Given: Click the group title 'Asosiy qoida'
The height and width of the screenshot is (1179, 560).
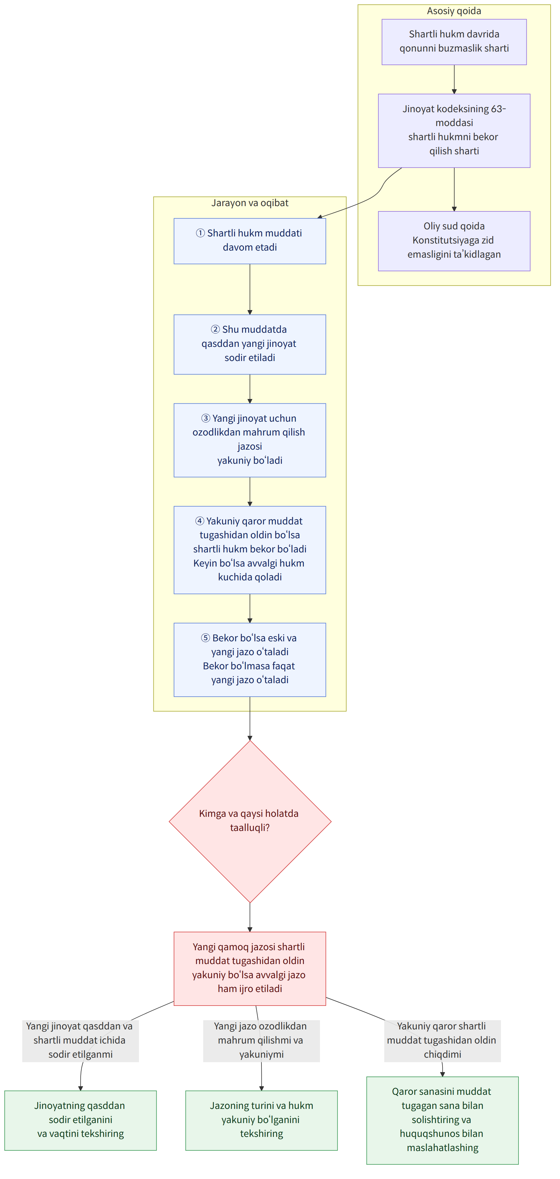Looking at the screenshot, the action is pos(454,11).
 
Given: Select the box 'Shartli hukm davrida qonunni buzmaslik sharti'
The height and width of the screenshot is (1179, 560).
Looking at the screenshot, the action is pos(454,42).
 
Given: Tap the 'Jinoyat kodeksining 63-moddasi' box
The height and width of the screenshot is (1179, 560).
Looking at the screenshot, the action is pos(454,130).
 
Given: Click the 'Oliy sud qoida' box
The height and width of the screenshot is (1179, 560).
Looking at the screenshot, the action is pos(454,241).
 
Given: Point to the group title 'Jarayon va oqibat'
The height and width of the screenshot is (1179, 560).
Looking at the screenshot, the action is pos(250,203).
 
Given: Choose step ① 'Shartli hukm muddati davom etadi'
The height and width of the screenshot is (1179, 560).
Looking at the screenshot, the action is pos(250,241).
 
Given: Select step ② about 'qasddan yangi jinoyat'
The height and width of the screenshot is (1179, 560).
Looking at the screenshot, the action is pos(250,344).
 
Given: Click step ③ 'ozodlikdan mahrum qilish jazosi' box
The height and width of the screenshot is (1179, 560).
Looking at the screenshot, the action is pos(250,440).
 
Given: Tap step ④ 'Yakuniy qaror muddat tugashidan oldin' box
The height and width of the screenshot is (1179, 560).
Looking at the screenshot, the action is pos(250,550).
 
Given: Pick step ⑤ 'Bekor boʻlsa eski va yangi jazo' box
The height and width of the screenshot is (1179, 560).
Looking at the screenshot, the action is pos(250,660).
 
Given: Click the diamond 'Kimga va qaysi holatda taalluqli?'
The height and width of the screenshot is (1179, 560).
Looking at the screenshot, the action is pos(250,822).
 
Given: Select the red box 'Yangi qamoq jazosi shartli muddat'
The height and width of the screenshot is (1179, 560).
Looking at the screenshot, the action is pos(250,968).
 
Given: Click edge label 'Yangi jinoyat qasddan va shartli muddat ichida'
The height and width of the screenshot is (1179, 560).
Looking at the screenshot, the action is pos(80,1040).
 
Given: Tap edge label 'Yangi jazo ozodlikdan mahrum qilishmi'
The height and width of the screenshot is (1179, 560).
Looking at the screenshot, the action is pos(261,1040).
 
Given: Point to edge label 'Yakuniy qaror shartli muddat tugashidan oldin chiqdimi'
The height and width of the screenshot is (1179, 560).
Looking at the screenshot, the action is pos(443,1040).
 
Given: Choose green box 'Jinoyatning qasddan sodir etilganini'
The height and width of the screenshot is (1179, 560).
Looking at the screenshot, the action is pos(80,1120).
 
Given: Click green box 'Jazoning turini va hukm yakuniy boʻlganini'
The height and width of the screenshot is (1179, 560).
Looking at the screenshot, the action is pos(261,1120).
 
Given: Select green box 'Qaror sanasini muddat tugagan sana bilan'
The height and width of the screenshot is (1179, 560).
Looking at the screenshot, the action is pos(443,1120).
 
